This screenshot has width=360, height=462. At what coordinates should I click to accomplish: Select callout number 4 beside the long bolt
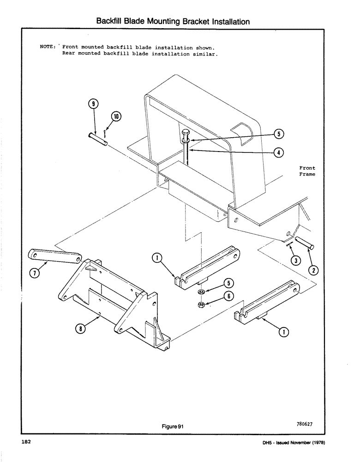point(278,152)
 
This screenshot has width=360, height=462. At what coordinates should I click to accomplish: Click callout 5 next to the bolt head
point(278,134)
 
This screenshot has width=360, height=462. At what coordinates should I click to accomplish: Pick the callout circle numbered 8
point(80,329)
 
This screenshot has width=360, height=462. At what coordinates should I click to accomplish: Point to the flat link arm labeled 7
point(55,255)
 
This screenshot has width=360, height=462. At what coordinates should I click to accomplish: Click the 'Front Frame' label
point(307,171)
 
